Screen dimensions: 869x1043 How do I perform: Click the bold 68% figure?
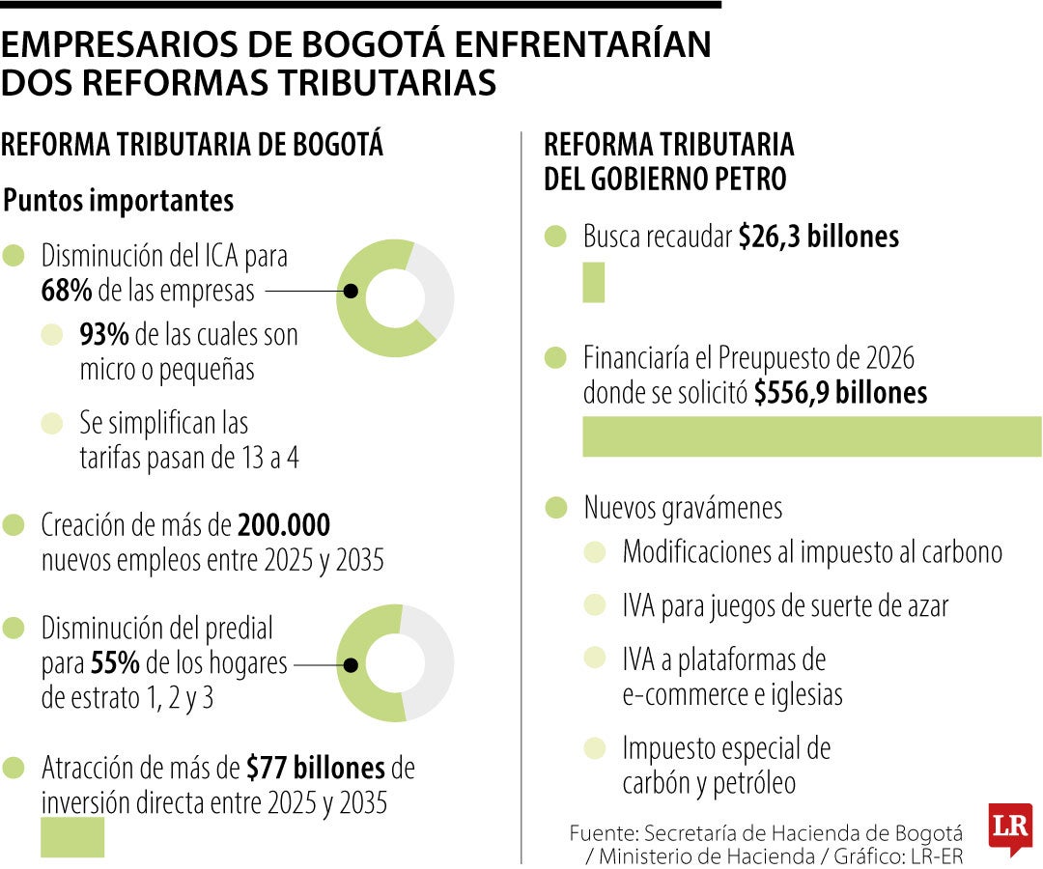tap(66, 291)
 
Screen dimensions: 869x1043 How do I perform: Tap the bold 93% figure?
tap(104, 335)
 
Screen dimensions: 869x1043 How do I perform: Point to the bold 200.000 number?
tap(284, 525)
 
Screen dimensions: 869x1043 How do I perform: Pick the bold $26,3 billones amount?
tap(818, 238)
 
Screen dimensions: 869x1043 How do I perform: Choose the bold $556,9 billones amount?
tap(840, 393)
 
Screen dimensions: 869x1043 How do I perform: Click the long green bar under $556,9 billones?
tap(811, 436)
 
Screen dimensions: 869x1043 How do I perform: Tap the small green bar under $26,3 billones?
tap(593, 285)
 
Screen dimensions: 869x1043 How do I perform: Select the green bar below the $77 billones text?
tap(72, 837)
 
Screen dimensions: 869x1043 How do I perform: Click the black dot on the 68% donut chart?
tap(352, 291)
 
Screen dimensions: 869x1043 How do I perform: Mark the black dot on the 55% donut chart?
tap(352, 664)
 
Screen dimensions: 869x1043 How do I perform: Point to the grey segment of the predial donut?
tap(433, 662)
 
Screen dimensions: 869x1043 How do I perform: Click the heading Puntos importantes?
tap(119, 201)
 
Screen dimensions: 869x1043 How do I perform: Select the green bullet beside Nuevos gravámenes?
tap(555, 508)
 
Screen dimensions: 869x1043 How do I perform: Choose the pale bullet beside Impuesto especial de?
tap(595, 747)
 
